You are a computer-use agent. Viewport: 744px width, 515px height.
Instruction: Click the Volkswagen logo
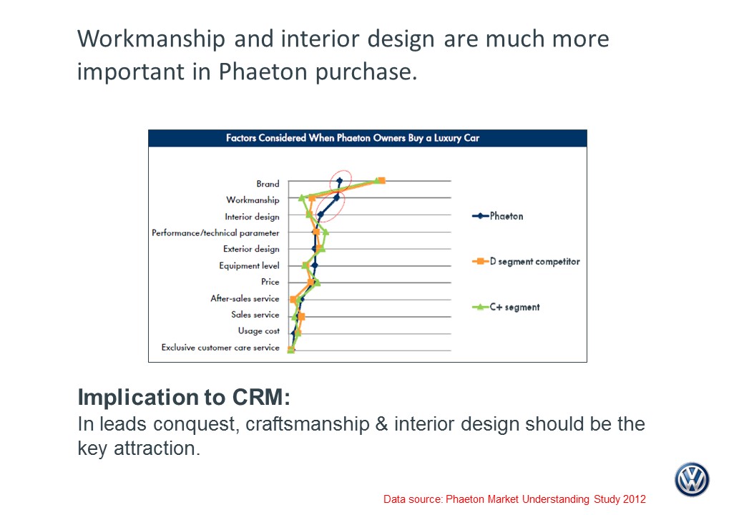point(692,479)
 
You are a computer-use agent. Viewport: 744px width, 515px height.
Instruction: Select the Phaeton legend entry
point(498,216)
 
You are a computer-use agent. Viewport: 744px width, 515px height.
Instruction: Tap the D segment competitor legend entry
point(526,261)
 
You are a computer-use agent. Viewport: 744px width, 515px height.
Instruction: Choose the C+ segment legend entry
point(506,307)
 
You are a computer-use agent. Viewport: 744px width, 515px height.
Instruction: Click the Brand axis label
point(268,184)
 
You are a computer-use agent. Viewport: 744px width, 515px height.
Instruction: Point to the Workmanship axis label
point(253,200)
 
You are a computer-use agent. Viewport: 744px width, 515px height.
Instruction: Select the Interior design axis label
point(252,216)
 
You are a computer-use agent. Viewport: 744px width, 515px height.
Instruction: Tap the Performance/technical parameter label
point(215,233)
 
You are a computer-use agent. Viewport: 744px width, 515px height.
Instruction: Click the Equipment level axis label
point(249,265)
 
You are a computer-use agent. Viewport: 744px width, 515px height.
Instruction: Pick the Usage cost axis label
point(258,330)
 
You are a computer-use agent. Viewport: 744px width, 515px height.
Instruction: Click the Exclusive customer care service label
point(220,347)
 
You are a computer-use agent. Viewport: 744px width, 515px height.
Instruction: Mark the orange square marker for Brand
point(382,181)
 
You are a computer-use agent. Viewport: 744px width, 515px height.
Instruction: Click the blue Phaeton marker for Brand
point(339,181)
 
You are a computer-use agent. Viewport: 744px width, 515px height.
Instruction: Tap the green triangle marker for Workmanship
point(301,197)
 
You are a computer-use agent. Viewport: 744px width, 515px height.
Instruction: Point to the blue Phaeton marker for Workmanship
point(336,197)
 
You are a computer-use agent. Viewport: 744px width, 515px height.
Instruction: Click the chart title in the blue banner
point(353,138)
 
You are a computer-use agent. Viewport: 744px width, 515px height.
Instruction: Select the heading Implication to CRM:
point(184,397)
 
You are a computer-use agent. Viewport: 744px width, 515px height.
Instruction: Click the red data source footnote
point(514,499)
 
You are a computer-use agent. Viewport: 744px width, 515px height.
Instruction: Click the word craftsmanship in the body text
point(308,423)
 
